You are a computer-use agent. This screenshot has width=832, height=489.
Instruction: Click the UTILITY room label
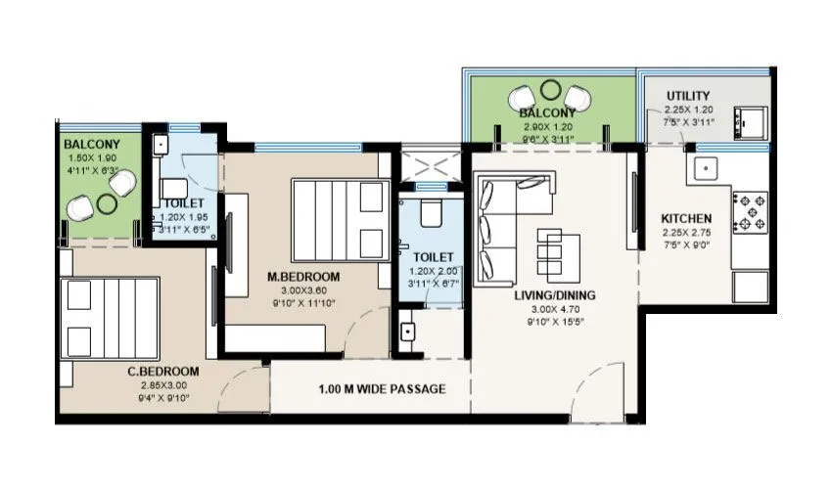pos(688,96)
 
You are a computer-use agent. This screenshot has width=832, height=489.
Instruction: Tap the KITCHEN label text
pos(686,218)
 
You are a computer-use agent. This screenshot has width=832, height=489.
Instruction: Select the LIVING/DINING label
pos(556,294)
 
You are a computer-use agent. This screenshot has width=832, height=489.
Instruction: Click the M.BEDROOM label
pos(303,277)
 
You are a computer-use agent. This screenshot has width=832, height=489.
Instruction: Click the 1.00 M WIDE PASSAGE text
pos(382,389)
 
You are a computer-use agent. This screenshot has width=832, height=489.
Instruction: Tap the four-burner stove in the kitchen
pos(753,212)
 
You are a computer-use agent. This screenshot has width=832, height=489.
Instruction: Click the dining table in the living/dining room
pos(551,253)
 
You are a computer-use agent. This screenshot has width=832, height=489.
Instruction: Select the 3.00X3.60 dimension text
pos(303,290)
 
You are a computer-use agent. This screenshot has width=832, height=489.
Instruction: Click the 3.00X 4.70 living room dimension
pos(556,309)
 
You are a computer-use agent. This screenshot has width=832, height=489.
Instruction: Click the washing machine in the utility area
pos(752,122)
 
